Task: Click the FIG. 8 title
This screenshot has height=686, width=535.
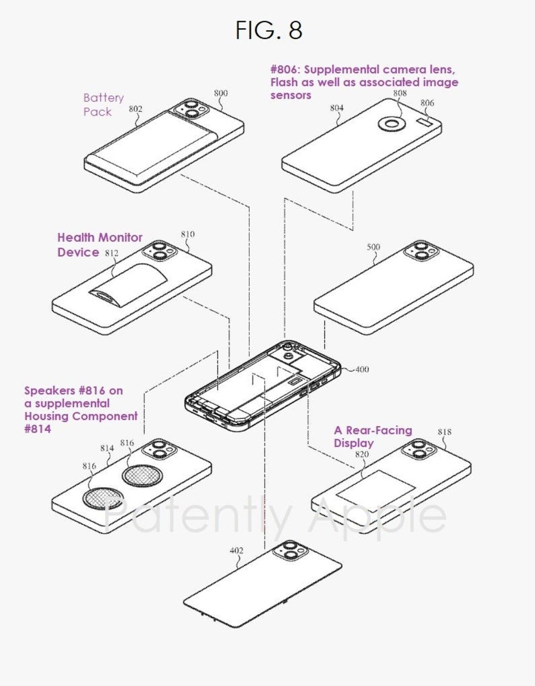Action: pos(269,30)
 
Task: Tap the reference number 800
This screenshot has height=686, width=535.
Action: pos(221,93)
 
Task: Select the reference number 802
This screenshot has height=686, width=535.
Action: pos(136,109)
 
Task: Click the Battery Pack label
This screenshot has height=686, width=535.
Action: pos(103,104)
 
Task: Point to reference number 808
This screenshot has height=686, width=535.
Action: pos(400,93)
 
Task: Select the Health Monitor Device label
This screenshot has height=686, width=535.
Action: pos(100,245)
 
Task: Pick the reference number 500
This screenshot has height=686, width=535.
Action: pos(373,247)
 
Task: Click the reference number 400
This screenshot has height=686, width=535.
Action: pos(362,370)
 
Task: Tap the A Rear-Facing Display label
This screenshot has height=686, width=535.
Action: pos(373,437)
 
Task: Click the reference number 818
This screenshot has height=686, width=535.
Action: pos(444,432)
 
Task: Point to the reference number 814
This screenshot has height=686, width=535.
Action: pos(107,449)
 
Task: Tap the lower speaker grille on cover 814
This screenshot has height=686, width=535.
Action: pos(103,499)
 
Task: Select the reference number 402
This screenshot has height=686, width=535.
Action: pos(236,551)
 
